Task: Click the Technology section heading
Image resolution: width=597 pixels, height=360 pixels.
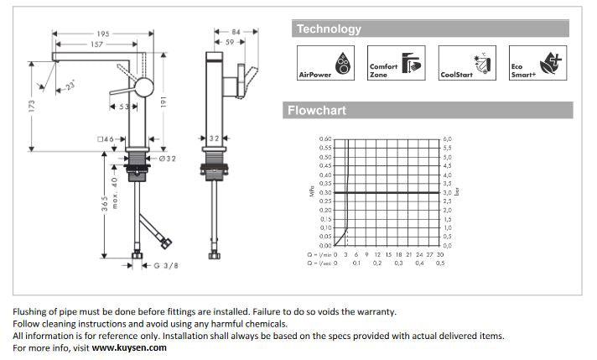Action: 329,29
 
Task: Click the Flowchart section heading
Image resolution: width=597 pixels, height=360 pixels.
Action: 316,110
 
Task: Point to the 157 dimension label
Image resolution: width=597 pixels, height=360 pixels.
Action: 97,44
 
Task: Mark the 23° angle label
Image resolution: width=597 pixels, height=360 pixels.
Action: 70,85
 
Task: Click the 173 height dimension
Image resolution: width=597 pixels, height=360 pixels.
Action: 32,107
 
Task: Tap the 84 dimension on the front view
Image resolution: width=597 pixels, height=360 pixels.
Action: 236,32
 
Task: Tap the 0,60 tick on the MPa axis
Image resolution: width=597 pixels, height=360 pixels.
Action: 325,139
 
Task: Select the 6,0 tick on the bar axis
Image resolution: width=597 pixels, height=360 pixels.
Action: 447,139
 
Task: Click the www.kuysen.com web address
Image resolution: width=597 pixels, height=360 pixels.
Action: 129,347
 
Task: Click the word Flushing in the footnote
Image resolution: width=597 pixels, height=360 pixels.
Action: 31,311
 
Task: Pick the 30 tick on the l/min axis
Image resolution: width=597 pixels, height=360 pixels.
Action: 440,253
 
